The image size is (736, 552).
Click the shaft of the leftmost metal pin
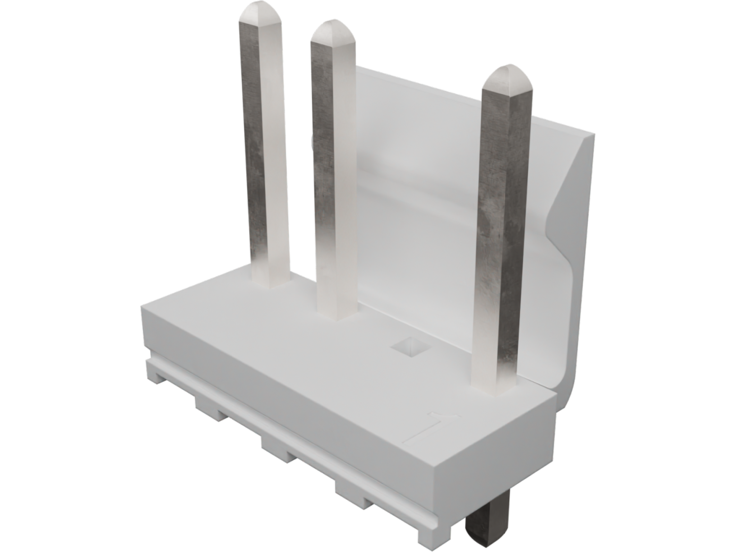point(266,144)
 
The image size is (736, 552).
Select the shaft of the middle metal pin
point(334,162)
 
